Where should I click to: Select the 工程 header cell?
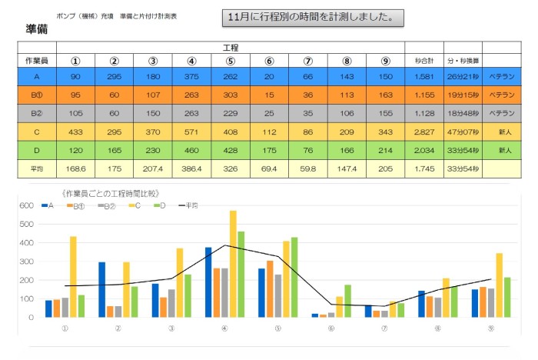[x=230, y=48]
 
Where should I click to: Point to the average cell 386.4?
[x=191, y=168]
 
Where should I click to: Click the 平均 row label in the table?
[x=37, y=168]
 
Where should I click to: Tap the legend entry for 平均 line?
[x=188, y=205]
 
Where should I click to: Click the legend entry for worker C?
[x=136, y=205]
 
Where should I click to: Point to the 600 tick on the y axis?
[x=26, y=205]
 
